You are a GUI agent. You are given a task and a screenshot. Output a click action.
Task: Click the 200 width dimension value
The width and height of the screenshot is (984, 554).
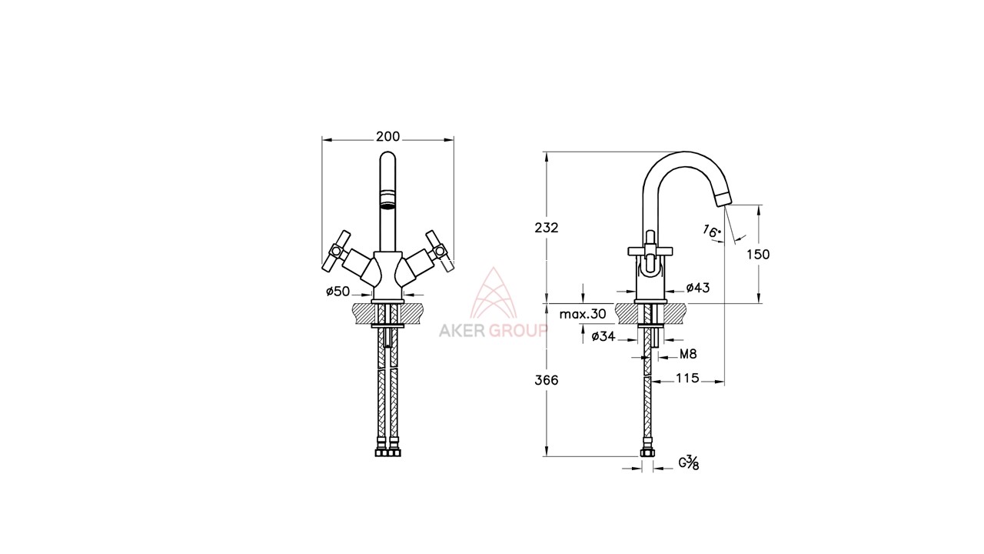coord(388,137)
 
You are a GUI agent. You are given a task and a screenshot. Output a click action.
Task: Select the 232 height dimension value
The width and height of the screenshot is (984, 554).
coord(547,228)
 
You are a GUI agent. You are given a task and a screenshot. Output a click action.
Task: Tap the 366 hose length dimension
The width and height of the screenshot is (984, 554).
coord(547,380)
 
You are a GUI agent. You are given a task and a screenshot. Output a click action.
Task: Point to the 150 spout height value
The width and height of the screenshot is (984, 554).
coord(758,255)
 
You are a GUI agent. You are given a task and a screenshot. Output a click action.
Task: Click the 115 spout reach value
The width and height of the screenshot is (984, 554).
coord(687,378)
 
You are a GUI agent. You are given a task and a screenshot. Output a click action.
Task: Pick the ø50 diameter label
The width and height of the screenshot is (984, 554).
coord(337,291)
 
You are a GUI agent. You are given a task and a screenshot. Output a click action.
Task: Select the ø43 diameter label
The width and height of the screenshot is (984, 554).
coord(698,288)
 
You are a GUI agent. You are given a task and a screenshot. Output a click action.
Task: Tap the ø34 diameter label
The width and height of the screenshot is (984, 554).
coord(603,336)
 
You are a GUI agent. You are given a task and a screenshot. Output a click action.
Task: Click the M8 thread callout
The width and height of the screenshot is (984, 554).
coord(688,354)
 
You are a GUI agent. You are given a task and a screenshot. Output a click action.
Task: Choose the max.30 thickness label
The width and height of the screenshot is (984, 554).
coord(583,314)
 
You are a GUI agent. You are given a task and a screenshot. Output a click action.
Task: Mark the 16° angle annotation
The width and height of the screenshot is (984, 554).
coord(712,232)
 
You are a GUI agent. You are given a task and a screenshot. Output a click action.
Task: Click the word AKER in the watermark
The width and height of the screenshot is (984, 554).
coord(462,331)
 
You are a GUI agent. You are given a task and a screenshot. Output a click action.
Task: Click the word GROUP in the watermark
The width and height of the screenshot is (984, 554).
coord(518,331)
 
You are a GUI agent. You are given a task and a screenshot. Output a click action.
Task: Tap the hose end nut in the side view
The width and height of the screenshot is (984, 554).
coord(647,452)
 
